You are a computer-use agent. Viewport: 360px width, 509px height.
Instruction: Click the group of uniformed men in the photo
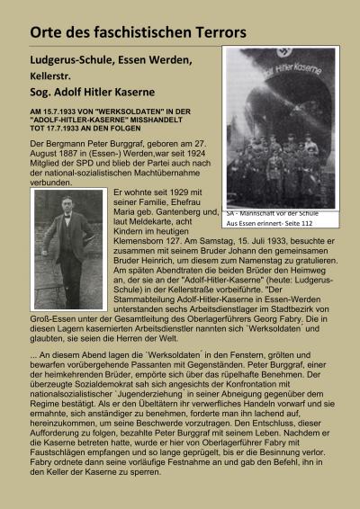279,166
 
